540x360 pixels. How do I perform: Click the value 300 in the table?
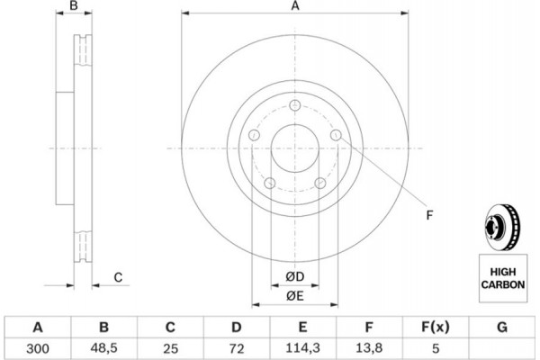38,348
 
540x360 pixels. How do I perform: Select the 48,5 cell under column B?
104,348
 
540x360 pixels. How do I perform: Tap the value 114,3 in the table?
302,348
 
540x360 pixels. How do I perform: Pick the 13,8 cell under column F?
369,348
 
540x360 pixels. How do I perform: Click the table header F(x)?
436,327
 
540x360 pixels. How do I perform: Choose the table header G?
502,327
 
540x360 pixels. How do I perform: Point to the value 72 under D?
236,348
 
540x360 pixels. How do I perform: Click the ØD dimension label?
295,276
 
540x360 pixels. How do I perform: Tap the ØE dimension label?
295,296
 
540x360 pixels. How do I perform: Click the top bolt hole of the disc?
295,105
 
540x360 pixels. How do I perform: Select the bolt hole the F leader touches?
336,135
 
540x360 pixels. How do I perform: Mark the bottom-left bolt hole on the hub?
270,183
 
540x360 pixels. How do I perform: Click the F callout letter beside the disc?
429,215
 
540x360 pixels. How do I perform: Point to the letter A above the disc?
295,6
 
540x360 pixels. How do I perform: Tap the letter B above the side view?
74,6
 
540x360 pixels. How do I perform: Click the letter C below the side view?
118,277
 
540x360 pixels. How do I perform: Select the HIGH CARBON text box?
503,278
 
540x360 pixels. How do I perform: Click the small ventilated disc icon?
502,228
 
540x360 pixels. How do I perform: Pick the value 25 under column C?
170,348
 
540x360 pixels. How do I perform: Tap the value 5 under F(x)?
436,348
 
